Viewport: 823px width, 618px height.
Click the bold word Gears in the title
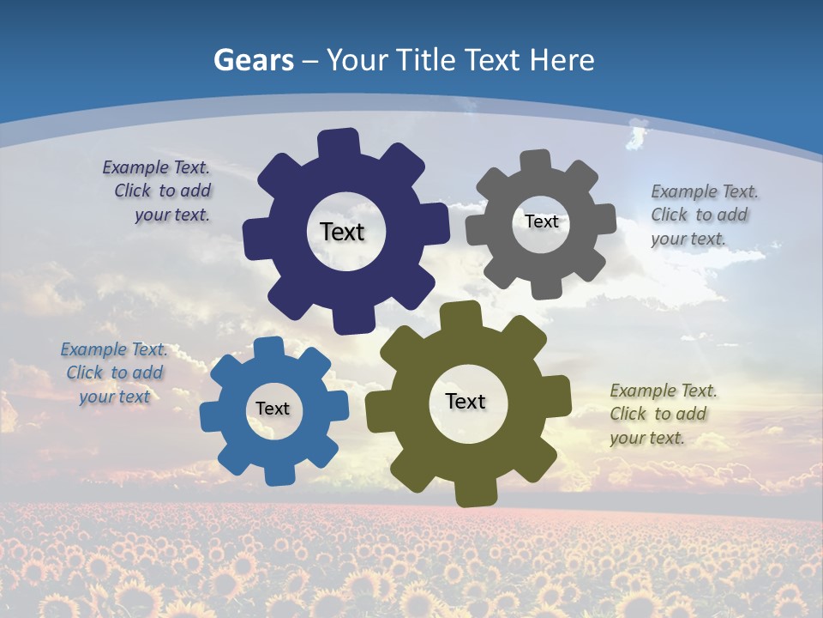click(x=253, y=60)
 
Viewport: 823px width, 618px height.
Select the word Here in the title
click(x=562, y=60)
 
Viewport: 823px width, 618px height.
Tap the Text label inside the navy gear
click(x=342, y=232)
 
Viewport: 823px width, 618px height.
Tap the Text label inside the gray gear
click(x=541, y=221)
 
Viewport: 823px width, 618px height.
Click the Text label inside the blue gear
click(x=272, y=409)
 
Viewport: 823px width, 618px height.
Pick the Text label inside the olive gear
click(x=466, y=401)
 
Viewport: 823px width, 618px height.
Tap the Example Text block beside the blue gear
click(x=114, y=373)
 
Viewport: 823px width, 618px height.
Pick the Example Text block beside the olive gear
click(x=662, y=414)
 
